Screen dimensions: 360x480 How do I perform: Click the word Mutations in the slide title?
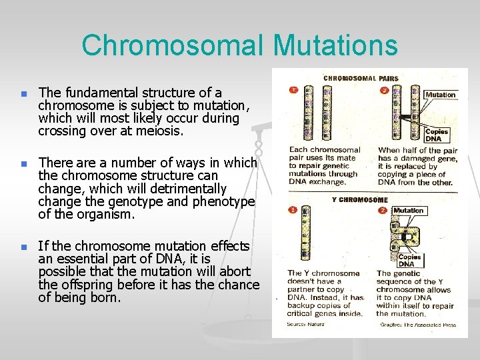point(335,46)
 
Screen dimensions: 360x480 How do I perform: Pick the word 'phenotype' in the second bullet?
point(223,202)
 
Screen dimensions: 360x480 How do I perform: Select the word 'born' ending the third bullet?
point(106,298)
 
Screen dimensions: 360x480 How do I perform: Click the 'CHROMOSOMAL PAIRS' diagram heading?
point(361,79)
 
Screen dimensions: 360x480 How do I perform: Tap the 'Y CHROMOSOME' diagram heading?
point(359,199)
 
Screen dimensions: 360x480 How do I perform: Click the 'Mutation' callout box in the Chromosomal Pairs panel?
point(440,95)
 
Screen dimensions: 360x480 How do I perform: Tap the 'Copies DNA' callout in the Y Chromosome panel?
point(409,260)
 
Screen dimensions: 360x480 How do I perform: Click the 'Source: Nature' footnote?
point(306,325)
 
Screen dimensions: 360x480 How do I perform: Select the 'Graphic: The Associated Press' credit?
point(417,325)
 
